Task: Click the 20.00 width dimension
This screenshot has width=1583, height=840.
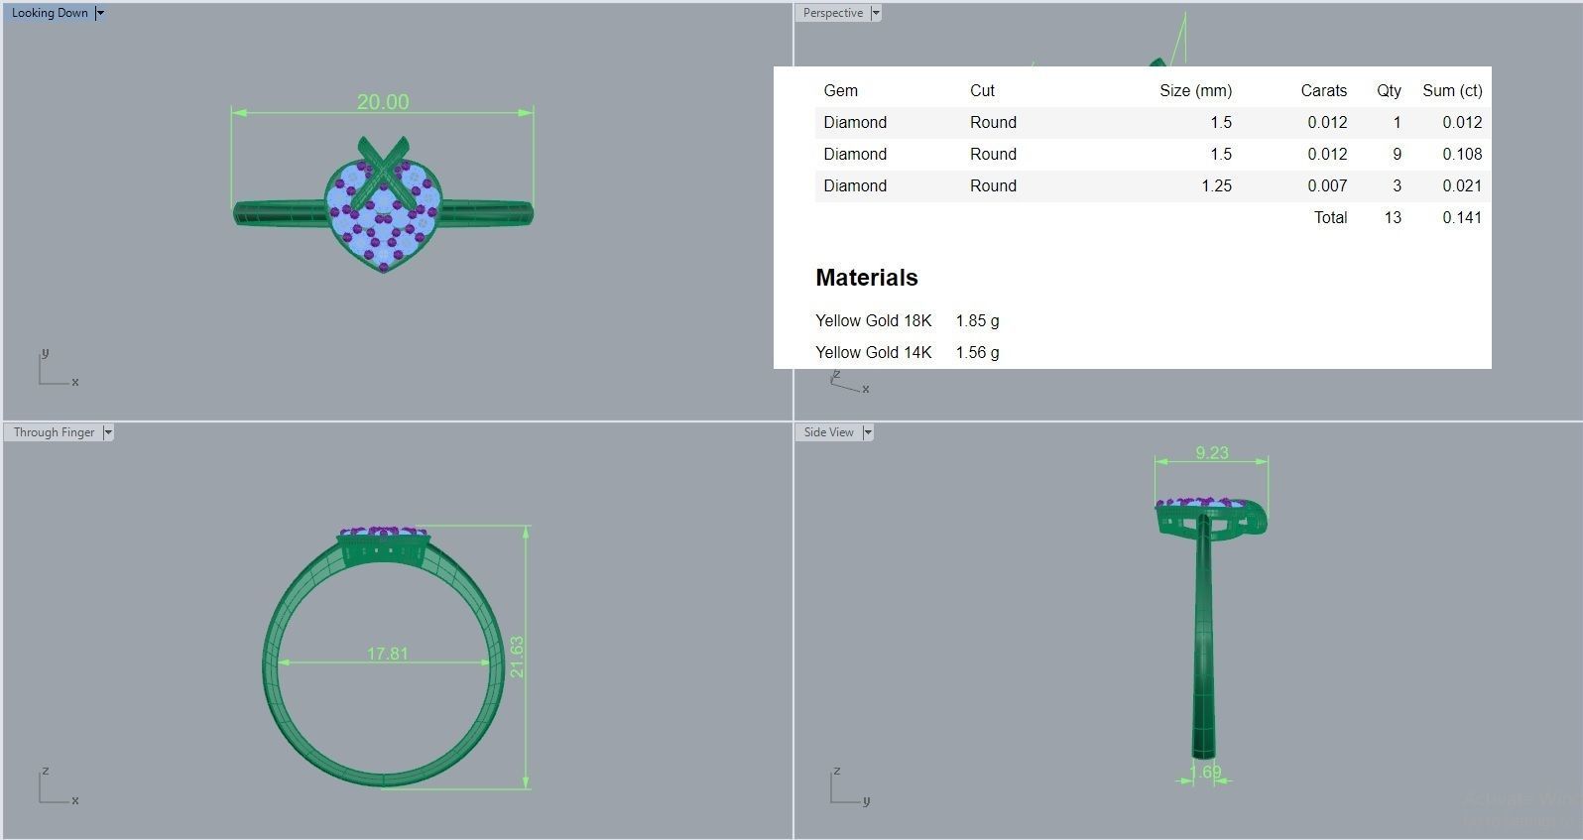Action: click(383, 102)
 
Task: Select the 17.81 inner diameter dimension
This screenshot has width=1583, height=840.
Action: click(387, 654)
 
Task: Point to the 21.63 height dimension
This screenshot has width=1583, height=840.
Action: click(517, 657)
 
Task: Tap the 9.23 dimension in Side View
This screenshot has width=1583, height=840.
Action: click(1211, 452)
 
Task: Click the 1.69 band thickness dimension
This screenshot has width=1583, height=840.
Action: click(1205, 772)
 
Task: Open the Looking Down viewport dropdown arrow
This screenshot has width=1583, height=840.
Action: click(100, 13)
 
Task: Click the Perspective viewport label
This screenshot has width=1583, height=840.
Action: click(832, 13)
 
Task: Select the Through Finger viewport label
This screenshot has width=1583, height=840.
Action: click(54, 432)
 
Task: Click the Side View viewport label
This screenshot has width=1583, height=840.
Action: click(828, 432)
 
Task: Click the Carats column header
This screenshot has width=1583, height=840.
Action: click(1323, 90)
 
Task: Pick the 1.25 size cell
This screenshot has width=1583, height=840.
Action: click(1216, 185)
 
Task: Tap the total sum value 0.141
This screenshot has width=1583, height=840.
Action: click(1462, 217)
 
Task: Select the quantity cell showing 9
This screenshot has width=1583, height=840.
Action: click(1397, 154)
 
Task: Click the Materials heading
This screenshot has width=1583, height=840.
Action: click(866, 278)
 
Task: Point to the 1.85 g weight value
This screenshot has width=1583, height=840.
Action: click(977, 320)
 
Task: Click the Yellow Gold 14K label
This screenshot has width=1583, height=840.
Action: click(873, 352)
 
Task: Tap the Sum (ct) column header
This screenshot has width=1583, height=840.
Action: click(1452, 90)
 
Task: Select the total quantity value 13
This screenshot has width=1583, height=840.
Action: click(1393, 217)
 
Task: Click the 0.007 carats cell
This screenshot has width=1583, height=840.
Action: click(1327, 185)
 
